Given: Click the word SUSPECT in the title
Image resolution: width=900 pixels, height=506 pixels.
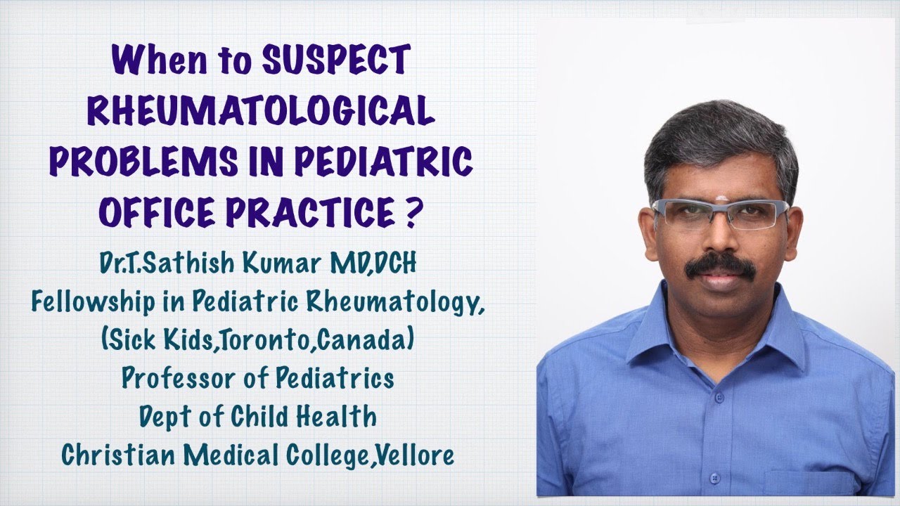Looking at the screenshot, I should [335, 61].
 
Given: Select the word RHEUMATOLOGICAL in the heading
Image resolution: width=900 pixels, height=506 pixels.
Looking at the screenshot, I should [259, 113].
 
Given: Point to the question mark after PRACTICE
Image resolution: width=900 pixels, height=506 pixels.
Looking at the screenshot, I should [410, 212].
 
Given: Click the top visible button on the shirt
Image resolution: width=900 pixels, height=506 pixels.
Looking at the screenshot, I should [719, 397].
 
